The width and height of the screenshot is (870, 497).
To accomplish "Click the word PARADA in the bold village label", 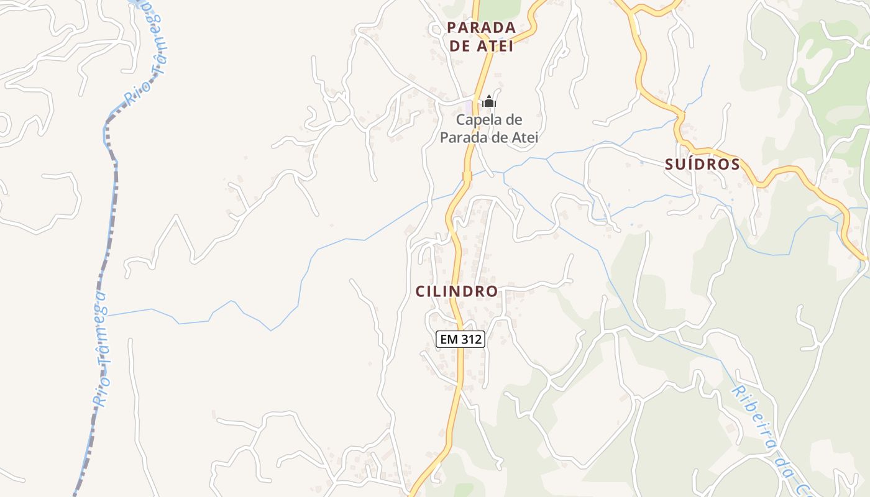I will [x=482, y=27].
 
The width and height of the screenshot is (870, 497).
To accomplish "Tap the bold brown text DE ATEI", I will [x=482, y=46].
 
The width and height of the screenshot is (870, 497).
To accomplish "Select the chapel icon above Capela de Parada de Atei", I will [x=489, y=101].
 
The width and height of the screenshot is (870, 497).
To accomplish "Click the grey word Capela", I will [x=481, y=120].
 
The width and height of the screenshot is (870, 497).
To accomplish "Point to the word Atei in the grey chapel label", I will [x=523, y=137].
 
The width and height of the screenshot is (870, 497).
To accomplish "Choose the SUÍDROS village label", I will [x=702, y=165].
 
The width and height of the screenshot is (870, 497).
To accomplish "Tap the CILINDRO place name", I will [x=457, y=291].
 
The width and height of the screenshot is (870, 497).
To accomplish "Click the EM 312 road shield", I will [x=460, y=339].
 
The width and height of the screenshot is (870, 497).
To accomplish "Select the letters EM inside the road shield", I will [x=447, y=339].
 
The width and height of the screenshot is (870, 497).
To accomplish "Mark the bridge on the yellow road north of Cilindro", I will [x=467, y=176].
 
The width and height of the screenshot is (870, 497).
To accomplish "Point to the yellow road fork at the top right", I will [x=631, y=12].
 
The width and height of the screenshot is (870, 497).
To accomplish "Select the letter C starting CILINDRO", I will [x=420, y=291].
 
